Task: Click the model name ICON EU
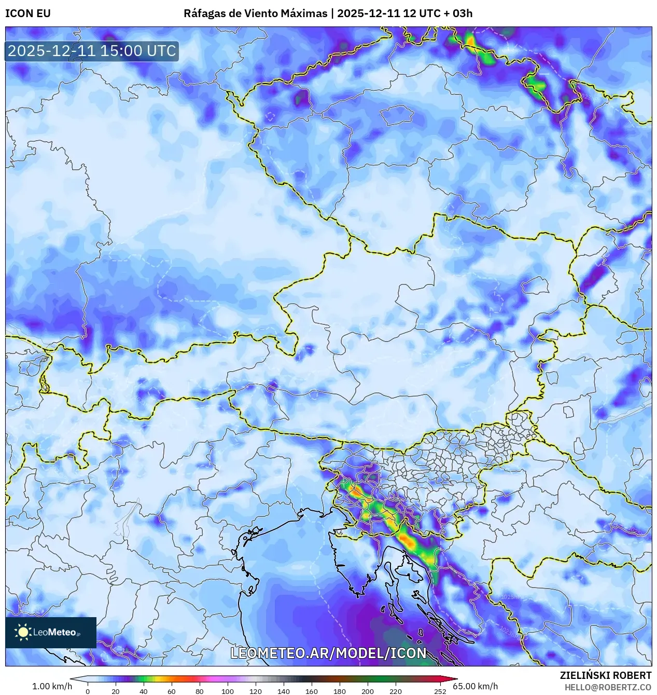(28, 13)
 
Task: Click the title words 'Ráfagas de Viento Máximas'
(255, 13)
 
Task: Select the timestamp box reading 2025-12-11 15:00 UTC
(92, 51)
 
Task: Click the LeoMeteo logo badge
(51, 632)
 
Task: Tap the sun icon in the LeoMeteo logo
(23, 632)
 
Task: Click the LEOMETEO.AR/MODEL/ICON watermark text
(328, 653)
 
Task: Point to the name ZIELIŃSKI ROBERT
(605, 675)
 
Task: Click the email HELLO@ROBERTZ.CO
(608, 687)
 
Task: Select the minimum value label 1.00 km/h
(52, 686)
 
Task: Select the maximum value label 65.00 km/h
(475, 686)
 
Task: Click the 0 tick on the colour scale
(87, 691)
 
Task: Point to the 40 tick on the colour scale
(144, 691)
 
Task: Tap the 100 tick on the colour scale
(227, 691)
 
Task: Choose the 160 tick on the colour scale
(311, 691)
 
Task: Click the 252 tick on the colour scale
(440, 691)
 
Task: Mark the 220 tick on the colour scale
(395, 691)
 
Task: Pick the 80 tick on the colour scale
(199, 691)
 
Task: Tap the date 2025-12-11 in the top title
(368, 13)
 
